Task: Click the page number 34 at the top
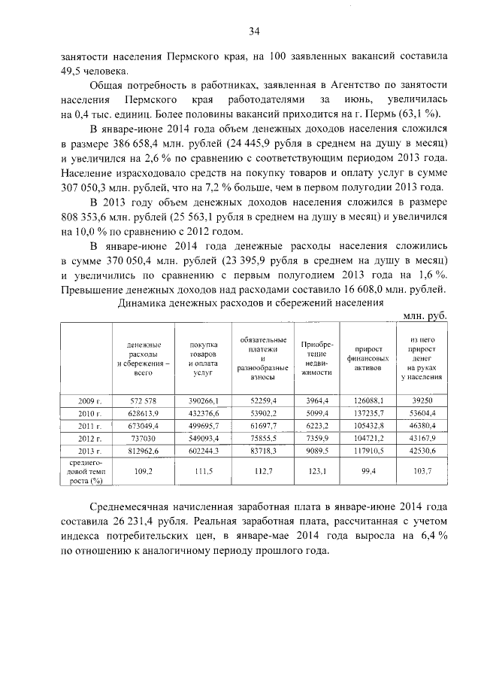pos(253,31)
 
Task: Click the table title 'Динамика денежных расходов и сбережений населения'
pos(251,303)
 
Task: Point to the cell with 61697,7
pos(257,426)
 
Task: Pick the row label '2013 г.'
pos(90,451)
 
